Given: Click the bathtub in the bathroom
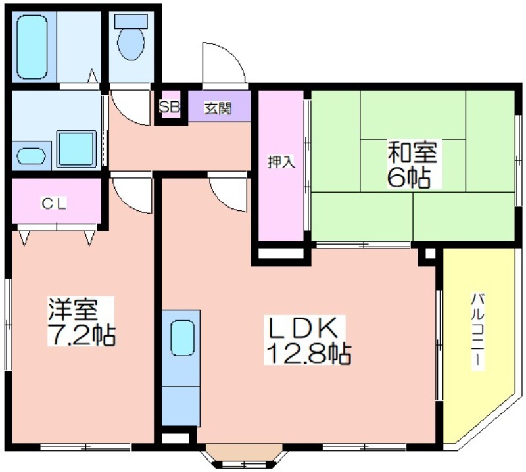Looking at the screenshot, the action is (32, 47).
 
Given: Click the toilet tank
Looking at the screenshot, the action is (131, 21).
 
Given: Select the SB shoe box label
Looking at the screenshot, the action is (170, 107).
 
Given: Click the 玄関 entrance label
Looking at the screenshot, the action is (218, 108).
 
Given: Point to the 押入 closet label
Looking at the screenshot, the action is (281, 162).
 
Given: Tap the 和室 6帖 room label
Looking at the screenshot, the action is (412, 164).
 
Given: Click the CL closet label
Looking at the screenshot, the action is (54, 203).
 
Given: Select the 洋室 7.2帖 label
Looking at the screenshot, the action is (81, 321).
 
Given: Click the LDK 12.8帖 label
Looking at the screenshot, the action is (308, 340).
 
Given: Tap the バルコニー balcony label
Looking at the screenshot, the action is (479, 331).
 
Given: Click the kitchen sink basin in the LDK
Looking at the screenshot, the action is (183, 338).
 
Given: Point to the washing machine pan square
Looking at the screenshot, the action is (76, 149).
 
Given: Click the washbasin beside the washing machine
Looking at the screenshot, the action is (31, 156).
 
